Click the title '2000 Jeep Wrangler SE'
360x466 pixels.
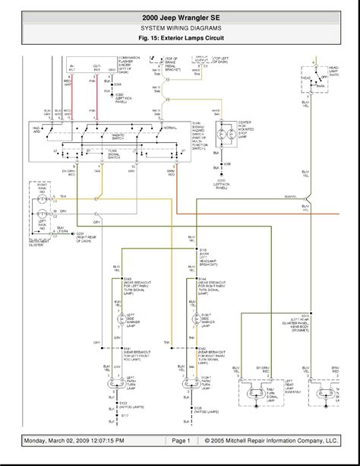(180, 14)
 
